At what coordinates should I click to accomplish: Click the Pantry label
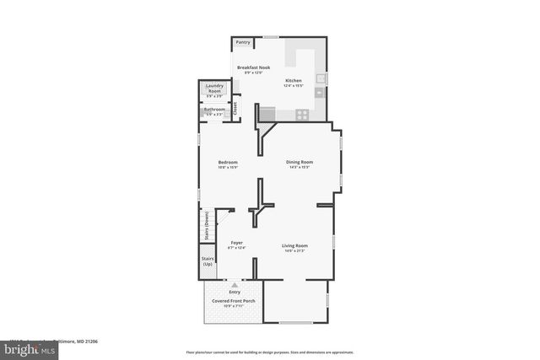243,41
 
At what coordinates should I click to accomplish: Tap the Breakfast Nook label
252,67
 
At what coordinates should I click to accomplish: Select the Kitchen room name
293,81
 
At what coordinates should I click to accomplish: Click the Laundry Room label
213,88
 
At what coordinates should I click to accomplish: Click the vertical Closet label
235,108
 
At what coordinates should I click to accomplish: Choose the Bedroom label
228,162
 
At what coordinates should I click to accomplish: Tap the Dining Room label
299,162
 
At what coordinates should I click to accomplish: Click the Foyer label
236,243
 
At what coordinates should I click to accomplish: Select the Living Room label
294,245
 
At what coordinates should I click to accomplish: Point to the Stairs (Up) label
208,262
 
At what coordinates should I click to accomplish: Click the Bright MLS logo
22,347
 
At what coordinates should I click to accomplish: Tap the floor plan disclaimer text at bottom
269,352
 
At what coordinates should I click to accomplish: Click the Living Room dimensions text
294,251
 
